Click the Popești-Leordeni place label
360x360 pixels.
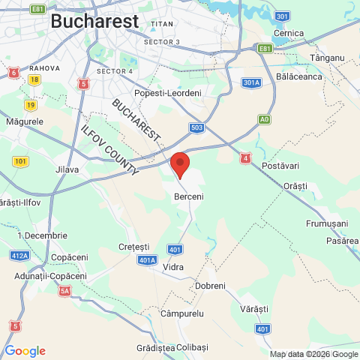(x=168, y=92)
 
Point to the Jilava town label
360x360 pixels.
(x=67, y=169)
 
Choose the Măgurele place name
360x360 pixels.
(x=24, y=121)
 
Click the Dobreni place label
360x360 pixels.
(x=210, y=286)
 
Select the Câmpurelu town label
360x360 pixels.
(x=182, y=313)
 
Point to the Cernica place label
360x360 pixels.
(x=289, y=34)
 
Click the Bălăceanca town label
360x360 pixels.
(x=299, y=76)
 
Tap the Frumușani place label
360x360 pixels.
(x=327, y=223)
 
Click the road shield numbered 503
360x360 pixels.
(x=196, y=127)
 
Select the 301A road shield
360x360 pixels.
(x=252, y=82)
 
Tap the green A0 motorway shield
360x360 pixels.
(x=264, y=119)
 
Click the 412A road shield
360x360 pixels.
(x=20, y=256)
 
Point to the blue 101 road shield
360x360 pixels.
(x=20, y=161)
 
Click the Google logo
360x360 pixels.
(x=25, y=351)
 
